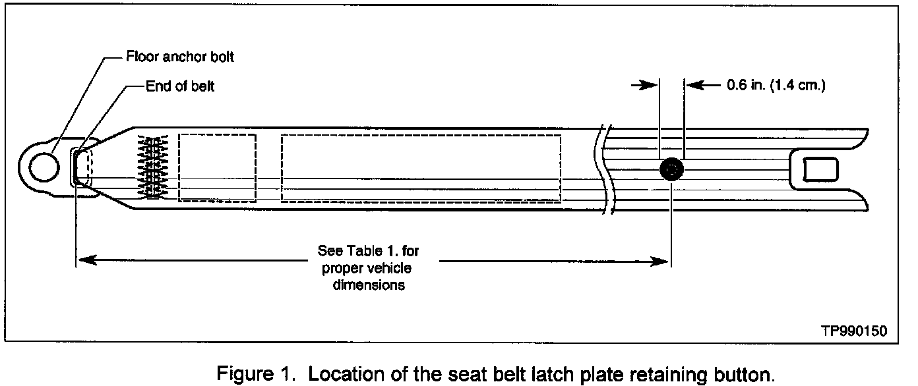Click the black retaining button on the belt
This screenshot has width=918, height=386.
point(671,170)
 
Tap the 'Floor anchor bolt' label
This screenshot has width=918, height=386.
point(180,57)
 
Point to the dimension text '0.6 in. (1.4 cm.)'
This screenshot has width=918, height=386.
point(775,85)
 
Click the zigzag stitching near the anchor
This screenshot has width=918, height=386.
point(153,167)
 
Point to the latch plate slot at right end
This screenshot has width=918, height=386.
point(820,170)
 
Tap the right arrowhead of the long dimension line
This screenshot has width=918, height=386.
point(663,262)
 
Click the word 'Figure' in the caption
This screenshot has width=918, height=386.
point(241,374)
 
